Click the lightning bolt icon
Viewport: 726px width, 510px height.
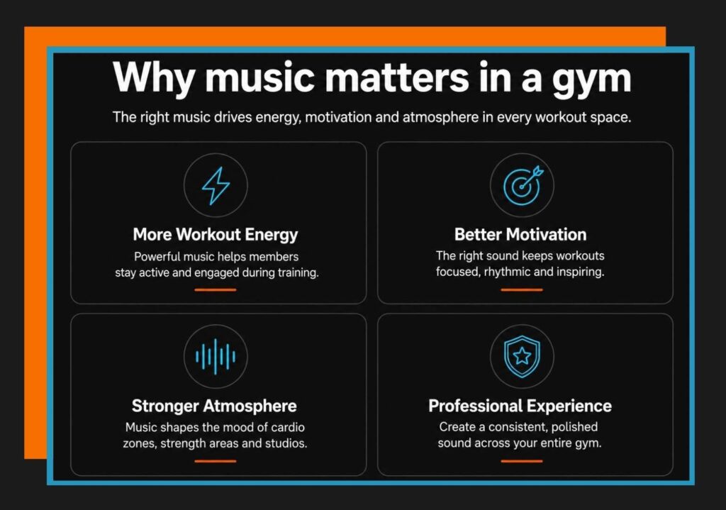[x=216, y=186]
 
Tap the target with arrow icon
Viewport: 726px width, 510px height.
[x=523, y=185]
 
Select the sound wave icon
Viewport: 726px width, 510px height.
[x=216, y=357]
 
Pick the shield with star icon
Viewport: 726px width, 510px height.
[x=522, y=356]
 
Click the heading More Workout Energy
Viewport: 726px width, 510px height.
[x=216, y=235]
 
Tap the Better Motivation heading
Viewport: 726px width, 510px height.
[x=520, y=234]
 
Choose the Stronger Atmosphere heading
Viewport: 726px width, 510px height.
[x=214, y=406]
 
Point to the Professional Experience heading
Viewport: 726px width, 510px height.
[x=520, y=406]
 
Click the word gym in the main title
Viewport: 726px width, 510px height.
[x=591, y=79]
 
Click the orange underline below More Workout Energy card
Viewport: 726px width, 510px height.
[x=216, y=290]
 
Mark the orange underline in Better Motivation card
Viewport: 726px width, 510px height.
[x=522, y=290]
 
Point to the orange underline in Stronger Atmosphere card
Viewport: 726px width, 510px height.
[x=216, y=461]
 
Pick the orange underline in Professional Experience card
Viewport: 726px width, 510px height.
[x=522, y=461]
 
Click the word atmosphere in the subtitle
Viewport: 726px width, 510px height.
[x=440, y=118]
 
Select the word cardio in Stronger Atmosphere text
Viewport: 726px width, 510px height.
[x=288, y=427]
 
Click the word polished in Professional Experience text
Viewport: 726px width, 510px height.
[x=574, y=427]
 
